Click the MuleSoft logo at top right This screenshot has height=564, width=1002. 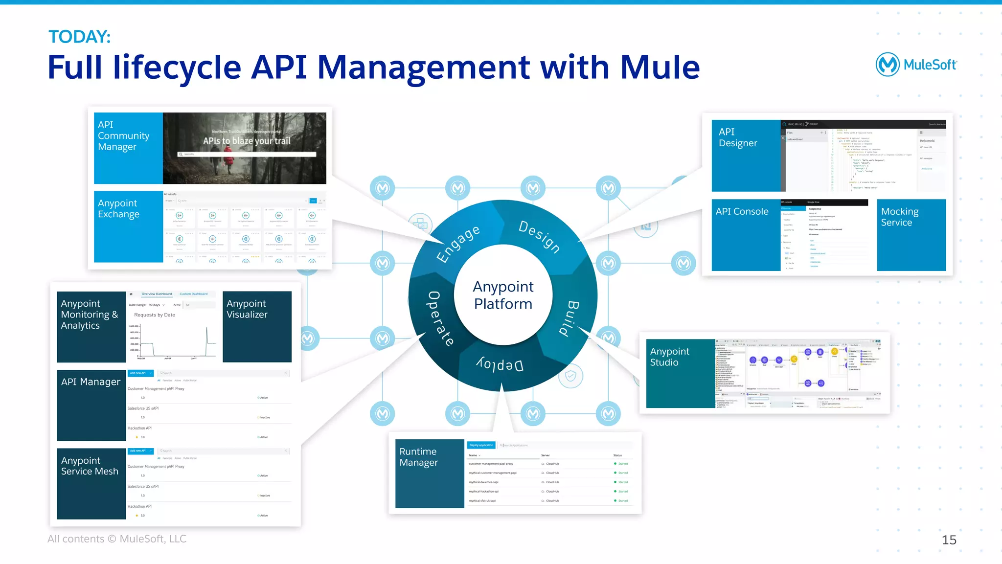pyautogui.click(x=915, y=65)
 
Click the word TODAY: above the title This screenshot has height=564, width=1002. pyautogui.click(x=79, y=37)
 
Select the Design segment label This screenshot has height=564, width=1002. pyautogui.click(x=539, y=236)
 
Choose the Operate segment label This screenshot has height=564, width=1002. pyautogui.click(x=440, y=318)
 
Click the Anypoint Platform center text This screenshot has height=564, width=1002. pyautogui.click(x=503, y=295)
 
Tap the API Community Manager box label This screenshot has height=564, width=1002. pyautogui.click(x=123, y=135)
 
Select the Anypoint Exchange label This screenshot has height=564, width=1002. pyautogui.click(x=118, y=208)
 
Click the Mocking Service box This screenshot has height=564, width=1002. pyautogui.click(x=911, y=234)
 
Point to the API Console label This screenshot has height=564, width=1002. pyautogui.click(x=742, y=211)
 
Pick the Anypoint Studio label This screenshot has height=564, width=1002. pyautogui.click(x=669, y=357)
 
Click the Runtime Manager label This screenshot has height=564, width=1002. pyautogui.click(x=418, y=457)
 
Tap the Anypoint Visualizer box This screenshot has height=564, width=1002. pyautogui.click(x=257, y=326)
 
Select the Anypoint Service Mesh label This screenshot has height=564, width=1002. pyautogui.click(x=90, y=466)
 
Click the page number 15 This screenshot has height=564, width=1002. pyautogui.click(x=949, y=540)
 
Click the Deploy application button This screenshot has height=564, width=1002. pyautogui.click(x=481, y=445)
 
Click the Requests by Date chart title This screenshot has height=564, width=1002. pyautogui.click(x=155, y=315)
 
